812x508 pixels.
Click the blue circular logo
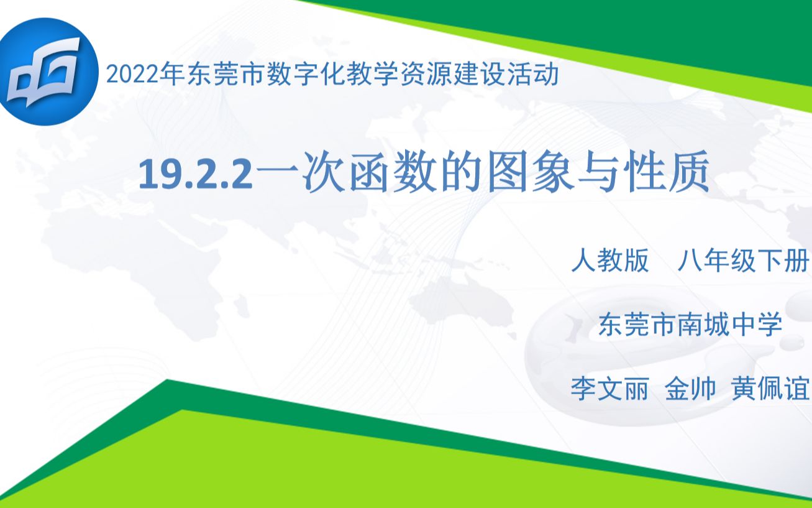(x=47, y=72)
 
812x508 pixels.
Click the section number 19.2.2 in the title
(x=196, y=175)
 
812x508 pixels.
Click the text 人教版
(x=610, y=261)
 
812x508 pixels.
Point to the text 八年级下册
(x=743, y=261)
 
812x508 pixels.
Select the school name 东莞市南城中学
(x=690, y=325)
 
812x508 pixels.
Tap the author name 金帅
(x=690, y=390)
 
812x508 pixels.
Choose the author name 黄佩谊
(x=770, y=390)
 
